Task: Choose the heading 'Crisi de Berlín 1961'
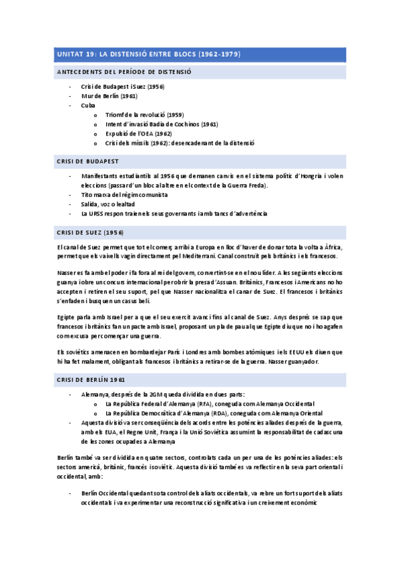point(91,379)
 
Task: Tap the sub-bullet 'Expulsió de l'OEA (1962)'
point(138,133)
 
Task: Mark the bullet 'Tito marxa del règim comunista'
point(124,194)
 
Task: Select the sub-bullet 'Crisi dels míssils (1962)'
point(180,143)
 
